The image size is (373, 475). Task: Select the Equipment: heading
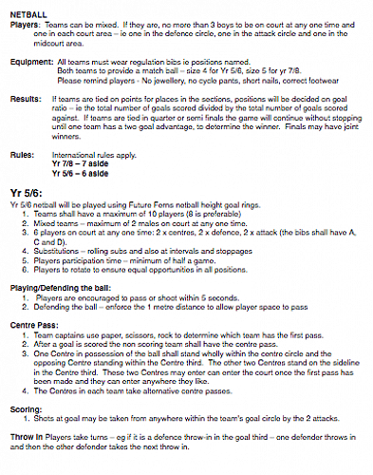[x=29, y=59]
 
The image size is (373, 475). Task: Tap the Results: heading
[x=25, y=97]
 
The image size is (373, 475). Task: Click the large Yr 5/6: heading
[x=26, y=190]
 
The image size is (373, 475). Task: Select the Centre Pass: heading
[x=35, y=324]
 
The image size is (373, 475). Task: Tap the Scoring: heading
[x=27, y=409]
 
